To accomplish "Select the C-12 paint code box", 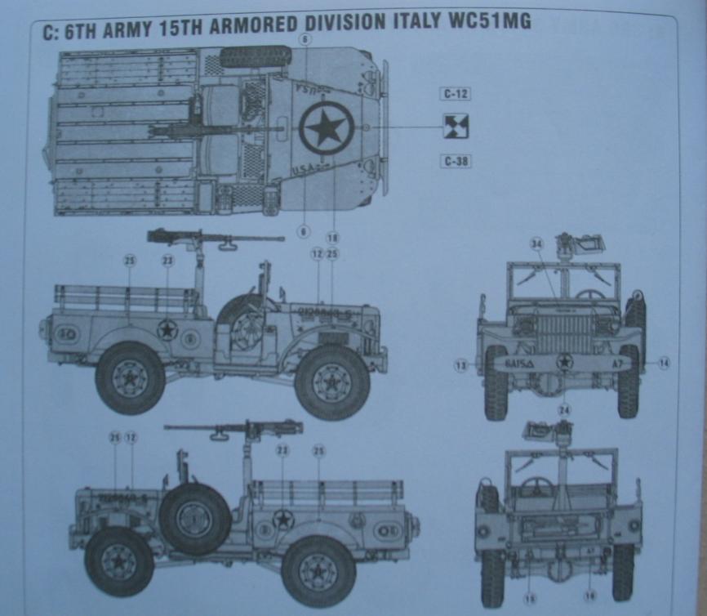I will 456,94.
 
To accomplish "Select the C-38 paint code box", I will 456,161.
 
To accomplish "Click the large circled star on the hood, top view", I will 326,129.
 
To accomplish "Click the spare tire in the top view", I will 256,56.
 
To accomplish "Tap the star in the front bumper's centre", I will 563,363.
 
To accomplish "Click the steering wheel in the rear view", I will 538,488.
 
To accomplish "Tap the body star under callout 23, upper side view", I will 167,329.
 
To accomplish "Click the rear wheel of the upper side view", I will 130,378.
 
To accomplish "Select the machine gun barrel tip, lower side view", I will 166,427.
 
